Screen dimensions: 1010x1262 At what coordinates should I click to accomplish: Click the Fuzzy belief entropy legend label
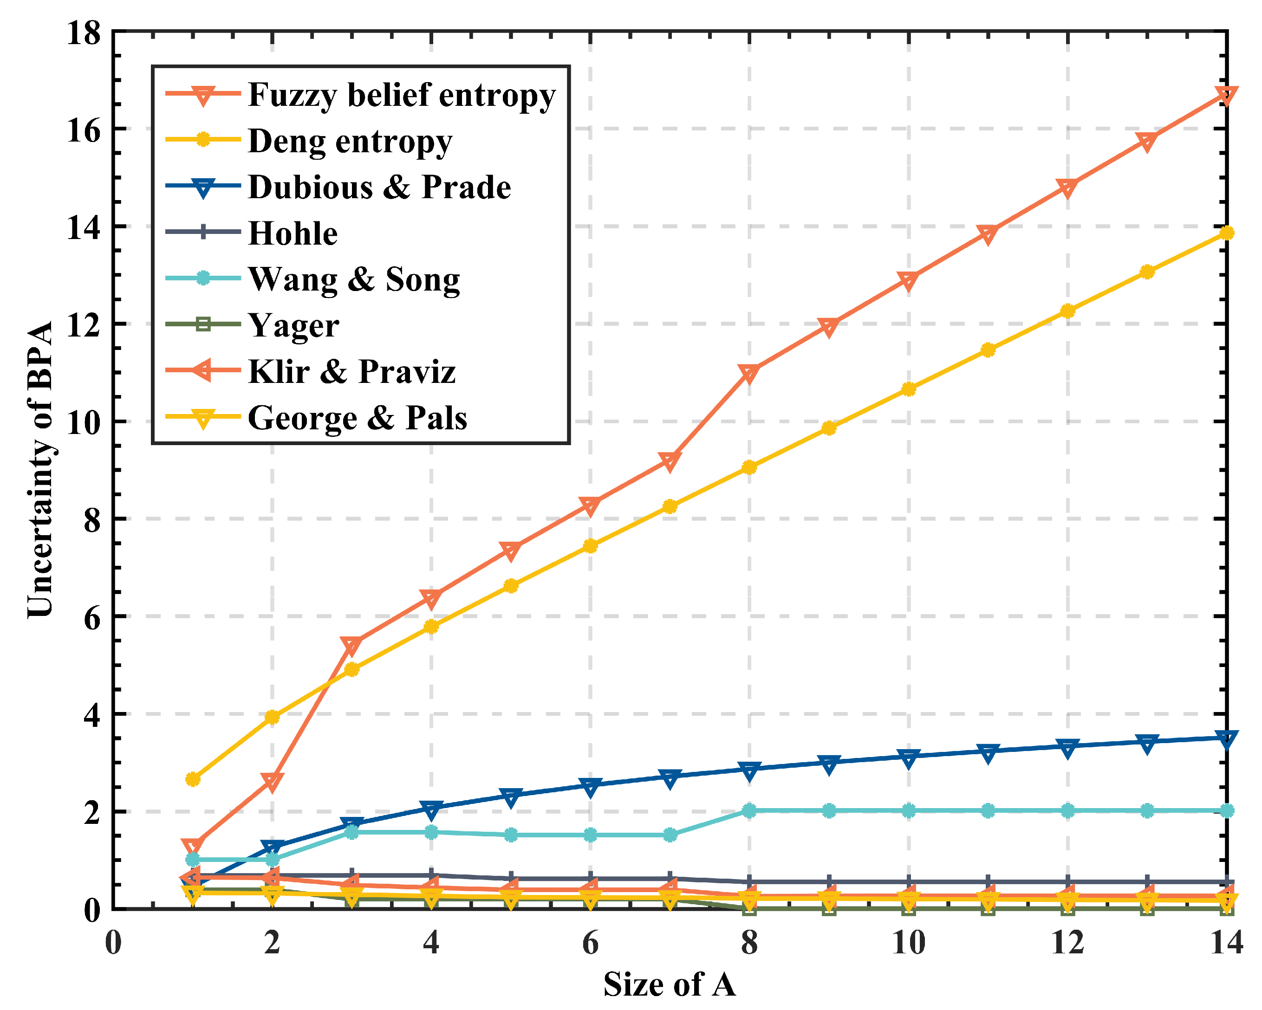402,95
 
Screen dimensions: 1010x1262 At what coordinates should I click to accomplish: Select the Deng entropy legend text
350,141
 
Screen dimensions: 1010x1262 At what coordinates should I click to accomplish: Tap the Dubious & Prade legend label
379,187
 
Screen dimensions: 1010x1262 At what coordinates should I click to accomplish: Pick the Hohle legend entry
293,233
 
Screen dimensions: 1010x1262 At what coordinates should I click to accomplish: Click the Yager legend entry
293,325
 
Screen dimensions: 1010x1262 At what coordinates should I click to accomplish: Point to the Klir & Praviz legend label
352,372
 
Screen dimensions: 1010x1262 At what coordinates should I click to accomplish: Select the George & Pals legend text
358,418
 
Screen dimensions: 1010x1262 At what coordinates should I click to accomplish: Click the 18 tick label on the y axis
84,33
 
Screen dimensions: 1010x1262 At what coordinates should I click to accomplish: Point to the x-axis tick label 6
590,943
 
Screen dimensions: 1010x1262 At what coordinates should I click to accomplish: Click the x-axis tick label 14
1226,943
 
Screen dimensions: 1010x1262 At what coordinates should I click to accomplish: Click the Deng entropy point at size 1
193,779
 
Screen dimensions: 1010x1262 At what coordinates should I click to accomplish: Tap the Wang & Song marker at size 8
749,811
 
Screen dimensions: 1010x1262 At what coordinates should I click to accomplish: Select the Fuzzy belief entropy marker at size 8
749,373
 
